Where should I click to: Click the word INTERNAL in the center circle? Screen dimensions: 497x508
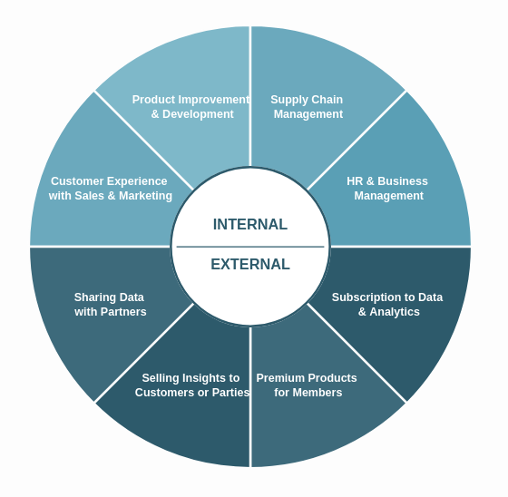(x=250, y=225)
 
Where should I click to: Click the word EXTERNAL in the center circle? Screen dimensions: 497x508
(x=250, y=265)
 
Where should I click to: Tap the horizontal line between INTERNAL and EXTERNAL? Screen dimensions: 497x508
(x=250, y=247)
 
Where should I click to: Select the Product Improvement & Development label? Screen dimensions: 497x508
(x=191, y=107)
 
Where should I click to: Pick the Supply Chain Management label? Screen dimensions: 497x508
(x=308, y=107)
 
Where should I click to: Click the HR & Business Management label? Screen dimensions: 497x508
(x=387, y=189)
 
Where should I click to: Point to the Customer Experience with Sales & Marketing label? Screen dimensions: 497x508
(x=110, y=189)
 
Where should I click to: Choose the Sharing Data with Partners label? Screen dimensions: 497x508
(x=110, y=305)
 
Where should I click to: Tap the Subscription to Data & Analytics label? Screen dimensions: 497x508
(x=387, y=305)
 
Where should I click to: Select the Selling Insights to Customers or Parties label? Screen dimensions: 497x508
(x=191, y=385)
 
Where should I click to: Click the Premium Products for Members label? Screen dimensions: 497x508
(x=308, y=385)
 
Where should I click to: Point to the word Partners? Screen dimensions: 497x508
(x=122, y=312)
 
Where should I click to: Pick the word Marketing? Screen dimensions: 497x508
(x=144, y=196)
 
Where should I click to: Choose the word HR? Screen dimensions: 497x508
(x=355, y=181)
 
